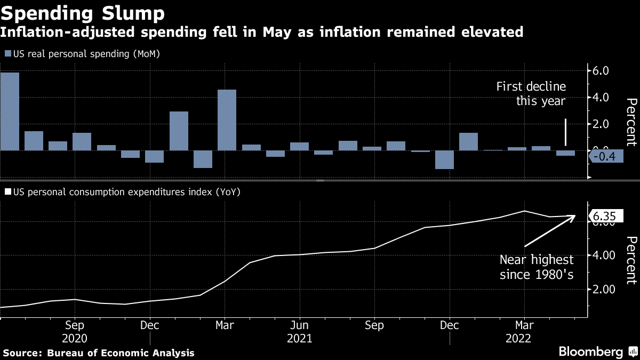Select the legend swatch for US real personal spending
point(7,54)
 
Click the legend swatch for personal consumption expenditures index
point(7,191)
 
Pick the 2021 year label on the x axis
point(300,338)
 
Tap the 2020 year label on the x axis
point(75,338)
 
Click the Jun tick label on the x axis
point(300,325)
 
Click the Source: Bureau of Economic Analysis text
point(99,353)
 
